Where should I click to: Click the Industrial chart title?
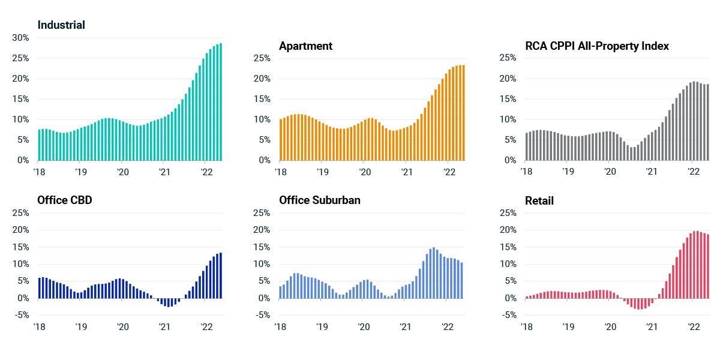61,25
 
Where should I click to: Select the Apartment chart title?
305,46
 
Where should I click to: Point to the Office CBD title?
65,200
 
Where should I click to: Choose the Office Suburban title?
319,200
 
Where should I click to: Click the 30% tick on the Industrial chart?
21,38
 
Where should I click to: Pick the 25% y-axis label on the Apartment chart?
262,58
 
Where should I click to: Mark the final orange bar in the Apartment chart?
463,113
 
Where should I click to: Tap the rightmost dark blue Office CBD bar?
221,275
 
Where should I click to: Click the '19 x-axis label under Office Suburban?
322,327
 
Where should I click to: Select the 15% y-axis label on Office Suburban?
262,247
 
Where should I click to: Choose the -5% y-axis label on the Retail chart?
508,315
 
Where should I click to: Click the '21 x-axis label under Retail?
652,327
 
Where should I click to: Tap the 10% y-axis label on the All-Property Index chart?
508,119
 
